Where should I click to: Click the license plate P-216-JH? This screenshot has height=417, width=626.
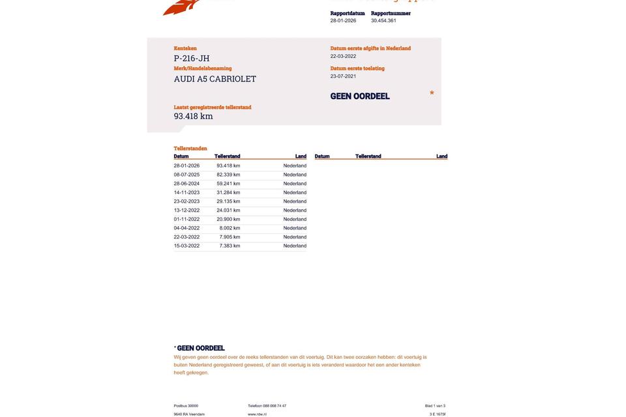(x=192, y=59)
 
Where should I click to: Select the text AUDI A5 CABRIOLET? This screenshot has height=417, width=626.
(x=215, y=79)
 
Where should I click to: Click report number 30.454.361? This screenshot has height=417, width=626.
(x=383, y=21)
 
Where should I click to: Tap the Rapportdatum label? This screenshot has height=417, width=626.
(x=348, y=13)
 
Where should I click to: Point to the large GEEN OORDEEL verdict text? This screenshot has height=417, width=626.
(x=360, y=96)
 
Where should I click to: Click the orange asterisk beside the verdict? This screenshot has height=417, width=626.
(x=432, y=94)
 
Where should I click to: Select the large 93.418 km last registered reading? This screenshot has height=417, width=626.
(x=193, y=117)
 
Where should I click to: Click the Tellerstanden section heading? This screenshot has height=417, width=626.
(x=190, y=149)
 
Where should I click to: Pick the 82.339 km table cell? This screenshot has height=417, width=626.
(x=228, y=175)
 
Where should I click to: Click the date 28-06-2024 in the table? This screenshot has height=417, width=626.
(x=186, y=184)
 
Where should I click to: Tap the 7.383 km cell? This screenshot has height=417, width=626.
(x=230, y=246)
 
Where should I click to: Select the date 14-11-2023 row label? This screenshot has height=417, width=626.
(x=186, y=193)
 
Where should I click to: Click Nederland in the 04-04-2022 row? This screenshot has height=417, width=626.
(x=295, y=228)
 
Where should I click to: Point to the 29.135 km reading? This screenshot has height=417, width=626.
(x=228, y=201)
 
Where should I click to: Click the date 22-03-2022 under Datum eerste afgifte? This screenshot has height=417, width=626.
(x=343, y=57)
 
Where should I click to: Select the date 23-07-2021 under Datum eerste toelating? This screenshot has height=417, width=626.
(x=343, y=76)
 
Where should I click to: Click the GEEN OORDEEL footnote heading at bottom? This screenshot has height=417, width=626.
(x=200, y=349)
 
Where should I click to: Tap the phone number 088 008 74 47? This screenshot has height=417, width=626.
(x=275, y=406)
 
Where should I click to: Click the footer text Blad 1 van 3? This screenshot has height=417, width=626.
(x=435, y=406)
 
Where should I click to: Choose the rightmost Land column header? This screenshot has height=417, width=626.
(x=442, y=156)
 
